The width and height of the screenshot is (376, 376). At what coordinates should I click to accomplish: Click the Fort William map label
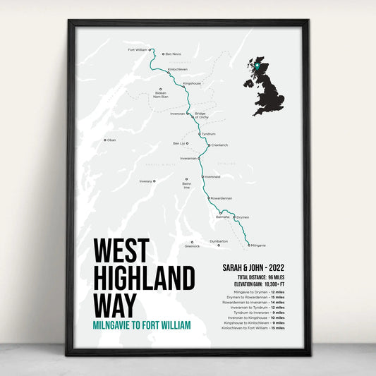coord(138,50)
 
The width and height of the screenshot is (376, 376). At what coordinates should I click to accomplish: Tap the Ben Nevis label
coord(174,54)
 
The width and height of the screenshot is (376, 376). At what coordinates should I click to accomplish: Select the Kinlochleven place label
coord(178,69)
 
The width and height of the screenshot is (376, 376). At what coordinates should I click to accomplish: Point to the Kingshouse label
coord(192,83)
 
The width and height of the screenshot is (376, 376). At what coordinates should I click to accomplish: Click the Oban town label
coord(111,140)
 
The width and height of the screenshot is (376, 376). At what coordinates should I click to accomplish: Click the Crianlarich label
coord(219,145)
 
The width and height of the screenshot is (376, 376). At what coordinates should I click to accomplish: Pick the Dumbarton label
coord(219,241)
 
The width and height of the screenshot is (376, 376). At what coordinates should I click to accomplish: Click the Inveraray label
coord(146,181)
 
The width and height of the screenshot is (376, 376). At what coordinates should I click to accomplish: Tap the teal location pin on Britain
coord(258,66)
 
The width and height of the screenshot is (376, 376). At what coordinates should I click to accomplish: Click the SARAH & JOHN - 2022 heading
coord(253,268)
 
